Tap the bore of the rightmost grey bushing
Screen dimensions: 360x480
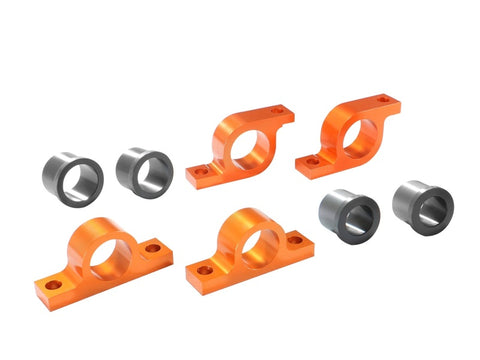click(x=433, y=208)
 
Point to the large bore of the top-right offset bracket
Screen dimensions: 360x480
click(x=357, y=137)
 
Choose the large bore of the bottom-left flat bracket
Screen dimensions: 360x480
click(x=109, y=258)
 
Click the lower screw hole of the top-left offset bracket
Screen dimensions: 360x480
click(x=200, y=172)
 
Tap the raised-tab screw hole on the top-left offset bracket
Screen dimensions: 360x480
click(x=281, y=113)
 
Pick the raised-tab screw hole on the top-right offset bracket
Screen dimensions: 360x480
click(x=384, y=100)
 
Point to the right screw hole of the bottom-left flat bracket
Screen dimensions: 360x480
click(x=153, y=247)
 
